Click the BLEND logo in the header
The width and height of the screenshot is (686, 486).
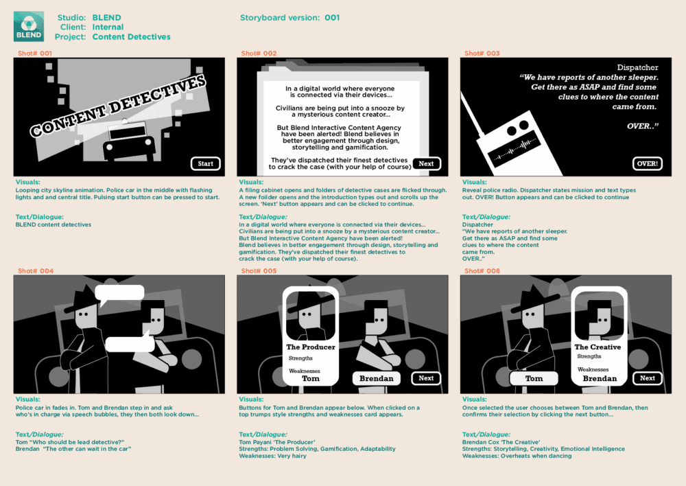click(29, 26)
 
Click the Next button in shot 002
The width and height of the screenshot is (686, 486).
click(427, 164)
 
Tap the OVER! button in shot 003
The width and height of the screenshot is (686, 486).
click(648, 164)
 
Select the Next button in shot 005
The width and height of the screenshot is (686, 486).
click(426, 378)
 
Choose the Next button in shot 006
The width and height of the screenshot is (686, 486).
click(648, 378)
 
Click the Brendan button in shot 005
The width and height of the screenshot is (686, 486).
click(376, 378)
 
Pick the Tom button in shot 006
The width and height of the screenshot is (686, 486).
click(534, 378)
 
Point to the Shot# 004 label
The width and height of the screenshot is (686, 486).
click(36, 271)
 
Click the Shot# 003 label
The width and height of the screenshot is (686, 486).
click(482, 54)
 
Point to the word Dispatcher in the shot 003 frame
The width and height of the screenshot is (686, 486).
click(637, 67)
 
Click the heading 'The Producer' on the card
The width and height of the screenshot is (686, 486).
click(311, 347)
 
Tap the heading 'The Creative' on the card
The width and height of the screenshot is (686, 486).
click(598, 347)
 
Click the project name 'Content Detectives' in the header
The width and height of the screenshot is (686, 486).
click(131, 37)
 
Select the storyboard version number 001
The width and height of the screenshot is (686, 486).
click(332, 18)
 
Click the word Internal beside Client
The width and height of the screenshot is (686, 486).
click(108, 27)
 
